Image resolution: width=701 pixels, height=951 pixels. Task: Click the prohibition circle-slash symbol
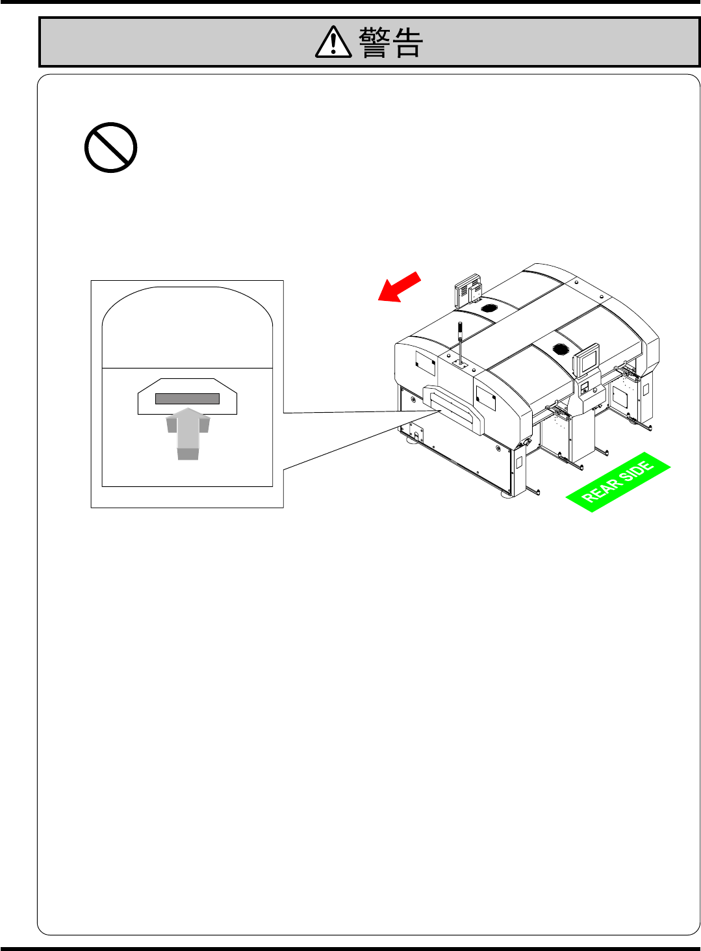(110, 148)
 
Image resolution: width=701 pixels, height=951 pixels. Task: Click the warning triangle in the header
(333, 43)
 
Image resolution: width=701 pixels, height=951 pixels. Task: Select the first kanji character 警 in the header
(374, 44)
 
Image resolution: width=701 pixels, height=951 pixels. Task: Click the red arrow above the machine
(400, 287)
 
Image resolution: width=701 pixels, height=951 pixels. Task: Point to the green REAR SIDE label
(618, 482)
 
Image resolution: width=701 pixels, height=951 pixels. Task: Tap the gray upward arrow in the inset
(188, 432)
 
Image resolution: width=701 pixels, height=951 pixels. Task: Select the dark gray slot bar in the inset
(187, 398)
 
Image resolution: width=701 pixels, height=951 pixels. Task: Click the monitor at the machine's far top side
(467, 289)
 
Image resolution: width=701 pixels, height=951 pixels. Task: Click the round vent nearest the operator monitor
(561, 349)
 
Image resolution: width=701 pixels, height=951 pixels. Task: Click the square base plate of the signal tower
(460, 366)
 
